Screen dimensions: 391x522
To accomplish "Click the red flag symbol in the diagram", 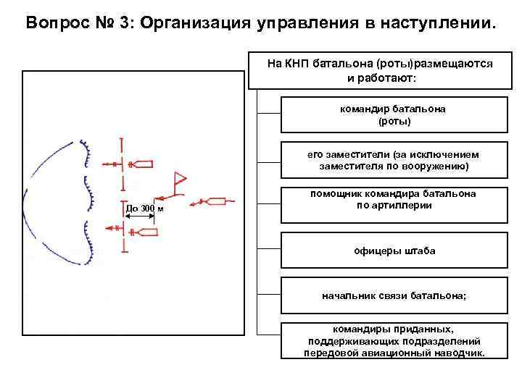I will pos(179,180).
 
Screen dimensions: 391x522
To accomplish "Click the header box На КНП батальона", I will pos(380,70).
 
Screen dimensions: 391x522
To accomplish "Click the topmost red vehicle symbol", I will pos(144,164).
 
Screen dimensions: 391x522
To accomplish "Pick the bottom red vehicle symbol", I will pos(146,231).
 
